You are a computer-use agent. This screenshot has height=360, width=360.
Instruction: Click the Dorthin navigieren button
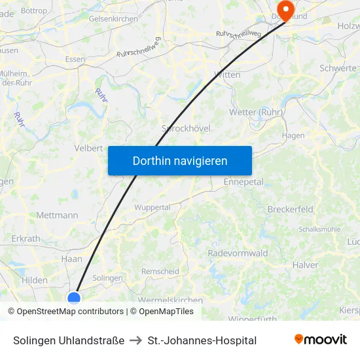[180, 160]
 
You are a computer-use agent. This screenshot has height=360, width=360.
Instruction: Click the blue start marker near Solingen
[74, 298]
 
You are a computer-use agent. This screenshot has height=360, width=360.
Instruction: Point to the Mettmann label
[57, 215]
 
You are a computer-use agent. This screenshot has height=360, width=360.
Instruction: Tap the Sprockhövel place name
[186, 128]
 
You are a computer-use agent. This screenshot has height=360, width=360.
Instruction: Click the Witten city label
[227, 75]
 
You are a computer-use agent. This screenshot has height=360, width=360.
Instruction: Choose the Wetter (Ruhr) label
[256, 112]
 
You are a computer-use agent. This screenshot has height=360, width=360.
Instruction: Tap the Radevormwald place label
[238, 253]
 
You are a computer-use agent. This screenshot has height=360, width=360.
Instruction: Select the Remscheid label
[160, 271]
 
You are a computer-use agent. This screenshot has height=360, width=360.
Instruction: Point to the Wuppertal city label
[152, 207]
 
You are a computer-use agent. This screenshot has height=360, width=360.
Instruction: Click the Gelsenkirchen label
[113, 19]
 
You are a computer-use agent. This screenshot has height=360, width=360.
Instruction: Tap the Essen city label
[75, 59]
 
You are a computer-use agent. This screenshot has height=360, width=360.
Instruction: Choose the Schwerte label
[338, 68]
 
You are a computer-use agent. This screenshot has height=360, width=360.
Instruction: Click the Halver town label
[305, 265]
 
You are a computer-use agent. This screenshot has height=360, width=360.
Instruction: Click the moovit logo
[321, 340]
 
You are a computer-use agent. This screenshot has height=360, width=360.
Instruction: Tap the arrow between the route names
[136, 340]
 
